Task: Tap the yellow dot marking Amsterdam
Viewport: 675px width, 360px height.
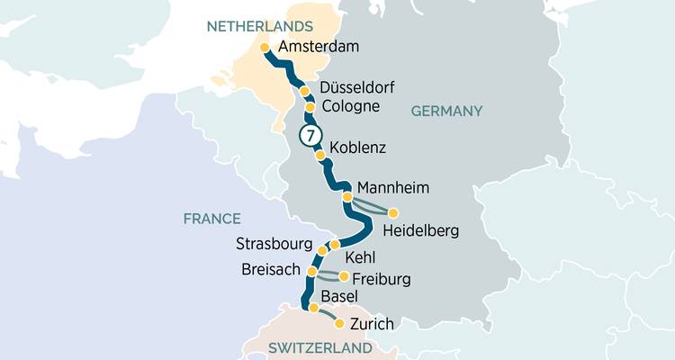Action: pyautogui.click(x=265, y=48)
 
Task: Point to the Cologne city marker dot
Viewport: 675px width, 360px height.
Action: pyautogui.click(x=310, y=108)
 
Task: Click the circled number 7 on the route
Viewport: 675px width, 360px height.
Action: pyautogui.click(x=310, y=136)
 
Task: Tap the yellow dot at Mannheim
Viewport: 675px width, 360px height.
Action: pyautogui.click(x=346, y=196)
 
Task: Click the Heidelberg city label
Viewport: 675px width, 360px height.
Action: pyautogui.click(x=420, y=231)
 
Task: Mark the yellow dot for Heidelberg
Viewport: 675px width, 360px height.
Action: pyautogui.click(x=393, y=212)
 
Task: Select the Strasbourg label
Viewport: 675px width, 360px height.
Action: pyautogui.click(x=274, y=244)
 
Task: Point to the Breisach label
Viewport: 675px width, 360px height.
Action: pyautogui.click(x=273, y=271)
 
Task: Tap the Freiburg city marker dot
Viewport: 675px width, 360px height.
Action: pyautogui.click(x=343, y=276)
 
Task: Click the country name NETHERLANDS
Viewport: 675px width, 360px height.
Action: pyautogui.click(x=260, y=26)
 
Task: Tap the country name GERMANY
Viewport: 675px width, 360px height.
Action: pyautogui.click(x=447, y=112)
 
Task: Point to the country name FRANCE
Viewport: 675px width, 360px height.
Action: pyautogui.click(x=211, y=219)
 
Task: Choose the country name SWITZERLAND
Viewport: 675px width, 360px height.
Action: pyautogui.click(x=321, y=348)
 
